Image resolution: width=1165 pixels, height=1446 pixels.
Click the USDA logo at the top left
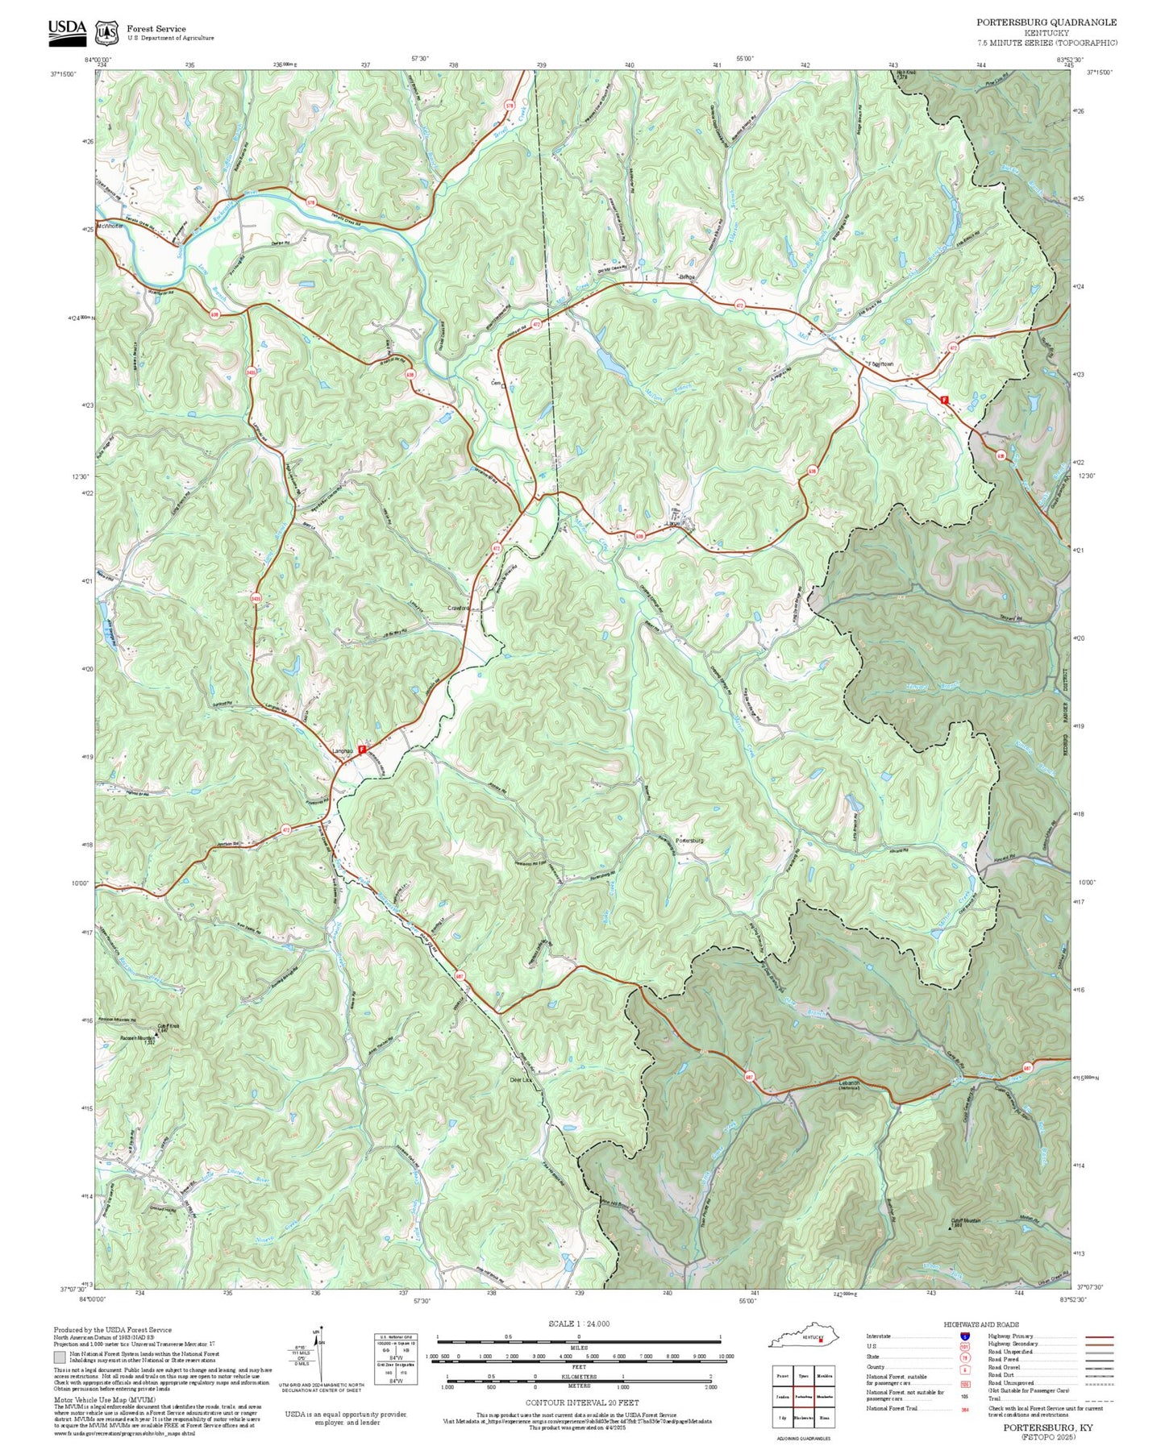click(x=67, y=30)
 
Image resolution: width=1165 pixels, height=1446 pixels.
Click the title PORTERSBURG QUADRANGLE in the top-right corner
click(x=1046, y=23)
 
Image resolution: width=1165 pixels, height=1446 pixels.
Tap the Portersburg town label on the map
click(x=689, y=840)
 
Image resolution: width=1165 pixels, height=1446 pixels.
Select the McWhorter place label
click(x=110, y=226)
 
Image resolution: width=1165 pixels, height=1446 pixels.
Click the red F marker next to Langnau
click(x=362, y=749)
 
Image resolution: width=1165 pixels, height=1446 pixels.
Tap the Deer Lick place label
click(x=521, y=1079)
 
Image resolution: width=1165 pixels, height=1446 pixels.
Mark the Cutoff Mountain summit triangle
click(x=948, y=1228)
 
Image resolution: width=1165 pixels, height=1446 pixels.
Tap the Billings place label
click(x=686, y=276)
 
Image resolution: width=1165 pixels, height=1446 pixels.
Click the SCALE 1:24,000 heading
click(x=579, y=1323)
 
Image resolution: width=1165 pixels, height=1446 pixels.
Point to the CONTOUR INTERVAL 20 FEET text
click(x=582, y=1402)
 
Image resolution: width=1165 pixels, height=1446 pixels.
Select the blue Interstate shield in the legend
click(x=964, y=1336)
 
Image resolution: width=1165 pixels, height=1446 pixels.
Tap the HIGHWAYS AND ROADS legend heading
click(x=981, y=1324)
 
